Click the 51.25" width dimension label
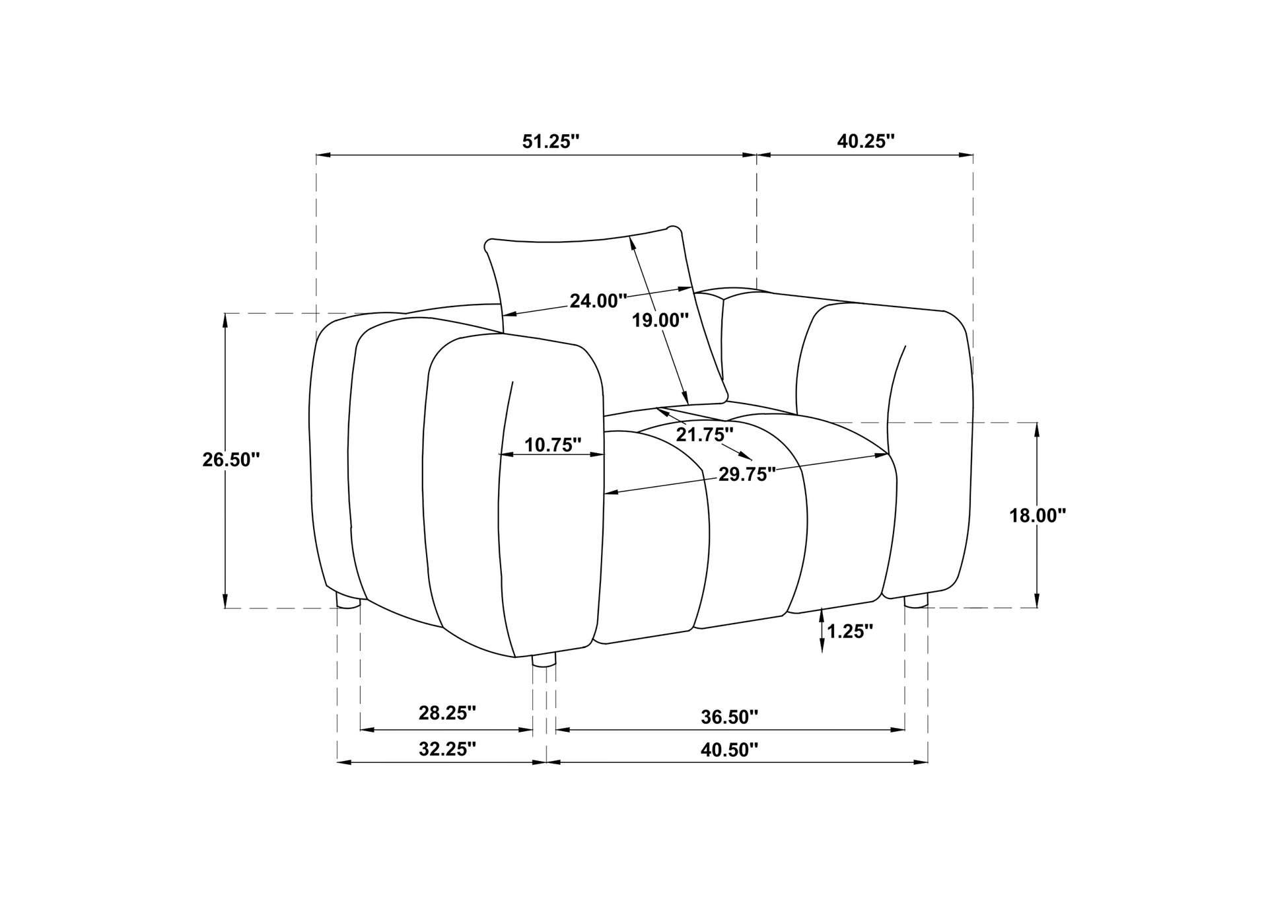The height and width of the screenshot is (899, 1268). tap(550, 141)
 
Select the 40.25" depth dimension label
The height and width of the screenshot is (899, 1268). tap(865, 141)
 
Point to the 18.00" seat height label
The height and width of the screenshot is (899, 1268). tap(1038, 515)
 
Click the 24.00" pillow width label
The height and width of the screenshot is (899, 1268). tap(598, 301)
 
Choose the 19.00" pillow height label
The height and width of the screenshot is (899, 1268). tap(660, 321)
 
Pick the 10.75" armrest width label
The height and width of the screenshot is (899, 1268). tap(553, 445)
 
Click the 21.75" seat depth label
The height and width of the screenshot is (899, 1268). tap(705, 435)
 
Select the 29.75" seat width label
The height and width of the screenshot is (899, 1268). tap(747, 475)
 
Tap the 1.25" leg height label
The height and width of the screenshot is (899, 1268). tap(850, 631)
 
